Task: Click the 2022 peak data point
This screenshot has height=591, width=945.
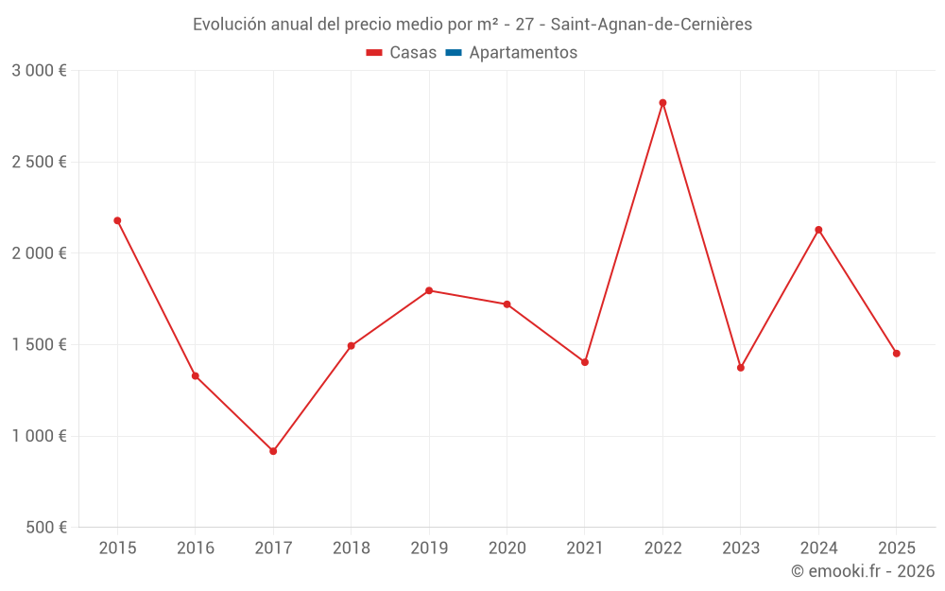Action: click(x=662, y=103)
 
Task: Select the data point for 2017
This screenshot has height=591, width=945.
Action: click(x=273, y=451)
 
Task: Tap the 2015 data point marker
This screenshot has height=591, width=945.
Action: click(x=117, y=220)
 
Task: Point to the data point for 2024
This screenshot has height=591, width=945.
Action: click(x=818, y=230)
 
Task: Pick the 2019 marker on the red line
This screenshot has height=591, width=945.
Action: click(x=429, y=290)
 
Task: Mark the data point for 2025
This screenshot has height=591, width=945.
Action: click(x=897, y=354)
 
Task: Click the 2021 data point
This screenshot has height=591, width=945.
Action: click(x=585, y=362)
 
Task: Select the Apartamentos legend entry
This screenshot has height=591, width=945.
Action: click(x=523, y=53)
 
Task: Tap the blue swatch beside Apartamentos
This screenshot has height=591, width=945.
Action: click(x=453, y=53)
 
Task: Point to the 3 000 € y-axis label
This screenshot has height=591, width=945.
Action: click(x=39, y=71)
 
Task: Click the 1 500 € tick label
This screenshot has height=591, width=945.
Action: click(x=39, y=344)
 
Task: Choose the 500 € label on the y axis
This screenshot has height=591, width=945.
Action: click(x=44, y=528)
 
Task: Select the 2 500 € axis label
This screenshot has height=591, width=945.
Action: click(x=39, y=162)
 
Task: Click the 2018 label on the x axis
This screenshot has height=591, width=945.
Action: click(x=351, y=548)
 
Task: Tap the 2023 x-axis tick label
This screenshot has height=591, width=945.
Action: click(x=741, y=548)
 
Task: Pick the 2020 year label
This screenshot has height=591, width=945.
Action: click(x=507, y=548)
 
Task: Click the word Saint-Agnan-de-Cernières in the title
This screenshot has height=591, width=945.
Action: click(x=653, y=25)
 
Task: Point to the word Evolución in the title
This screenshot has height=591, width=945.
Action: click(x=229, y=25)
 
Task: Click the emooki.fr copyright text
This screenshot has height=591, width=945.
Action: click(x=863, y=571)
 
